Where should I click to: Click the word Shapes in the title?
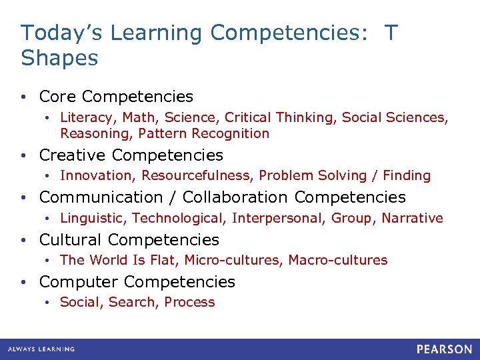[x=59, y=58]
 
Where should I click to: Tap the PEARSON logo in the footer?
[x=445, y=349]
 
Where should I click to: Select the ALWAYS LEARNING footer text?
[x=41, y=349]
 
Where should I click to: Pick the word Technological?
[x=179, y=218]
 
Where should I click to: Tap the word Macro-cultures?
[x=337, y=260]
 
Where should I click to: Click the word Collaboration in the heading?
[x=235, y=197]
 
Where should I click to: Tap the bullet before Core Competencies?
[x=24, y=97]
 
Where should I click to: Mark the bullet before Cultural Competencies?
[x=24, y=240]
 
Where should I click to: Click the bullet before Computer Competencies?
[x=24, y=283]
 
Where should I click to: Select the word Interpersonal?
[x=276, y=218]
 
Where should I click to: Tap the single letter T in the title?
[x=390, y=33]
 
